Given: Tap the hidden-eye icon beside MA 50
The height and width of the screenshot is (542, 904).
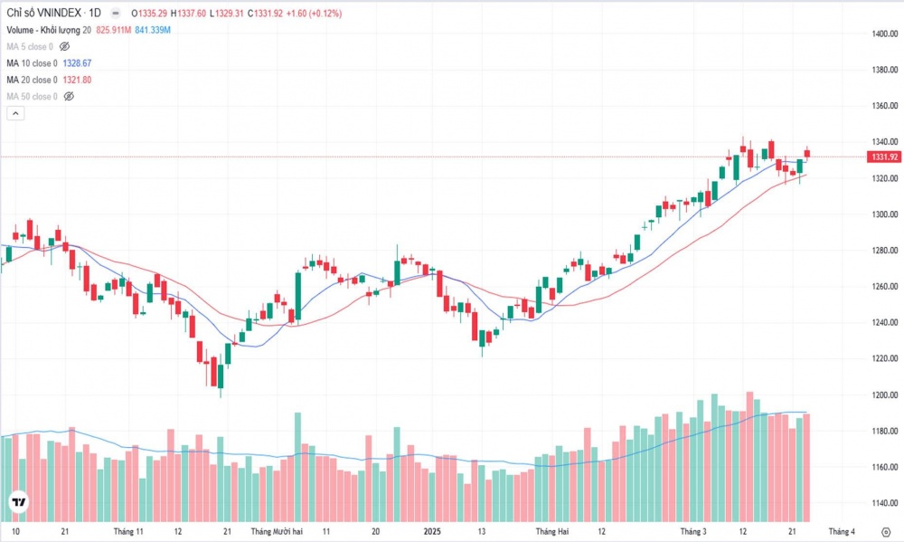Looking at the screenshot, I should pos(68,96).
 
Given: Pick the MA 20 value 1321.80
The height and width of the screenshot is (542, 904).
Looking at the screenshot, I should pos(77,80).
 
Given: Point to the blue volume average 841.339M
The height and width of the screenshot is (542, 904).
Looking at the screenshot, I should pos(150,30).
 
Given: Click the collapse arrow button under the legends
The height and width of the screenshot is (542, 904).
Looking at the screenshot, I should pos(14,113).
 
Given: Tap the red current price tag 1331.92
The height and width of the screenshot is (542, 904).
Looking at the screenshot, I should pos(883,157).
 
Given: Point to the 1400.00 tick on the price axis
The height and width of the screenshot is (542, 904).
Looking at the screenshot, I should pos(883,33).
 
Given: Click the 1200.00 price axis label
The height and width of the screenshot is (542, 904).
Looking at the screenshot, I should pos(883,395).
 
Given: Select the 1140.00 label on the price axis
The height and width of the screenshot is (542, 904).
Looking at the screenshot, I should pos(883,504).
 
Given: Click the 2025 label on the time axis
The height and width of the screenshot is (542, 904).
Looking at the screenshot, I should pos(433,531).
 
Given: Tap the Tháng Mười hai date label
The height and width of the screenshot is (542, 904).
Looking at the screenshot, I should pos(277,531).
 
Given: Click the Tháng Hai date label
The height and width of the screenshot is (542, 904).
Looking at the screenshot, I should pos(551,531).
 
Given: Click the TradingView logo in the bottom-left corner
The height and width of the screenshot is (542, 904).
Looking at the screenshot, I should pos(18,502).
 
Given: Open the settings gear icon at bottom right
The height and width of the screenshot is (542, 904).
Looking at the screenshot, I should pos(884,531).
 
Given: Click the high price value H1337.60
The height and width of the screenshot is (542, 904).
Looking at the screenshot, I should pos(189,14).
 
